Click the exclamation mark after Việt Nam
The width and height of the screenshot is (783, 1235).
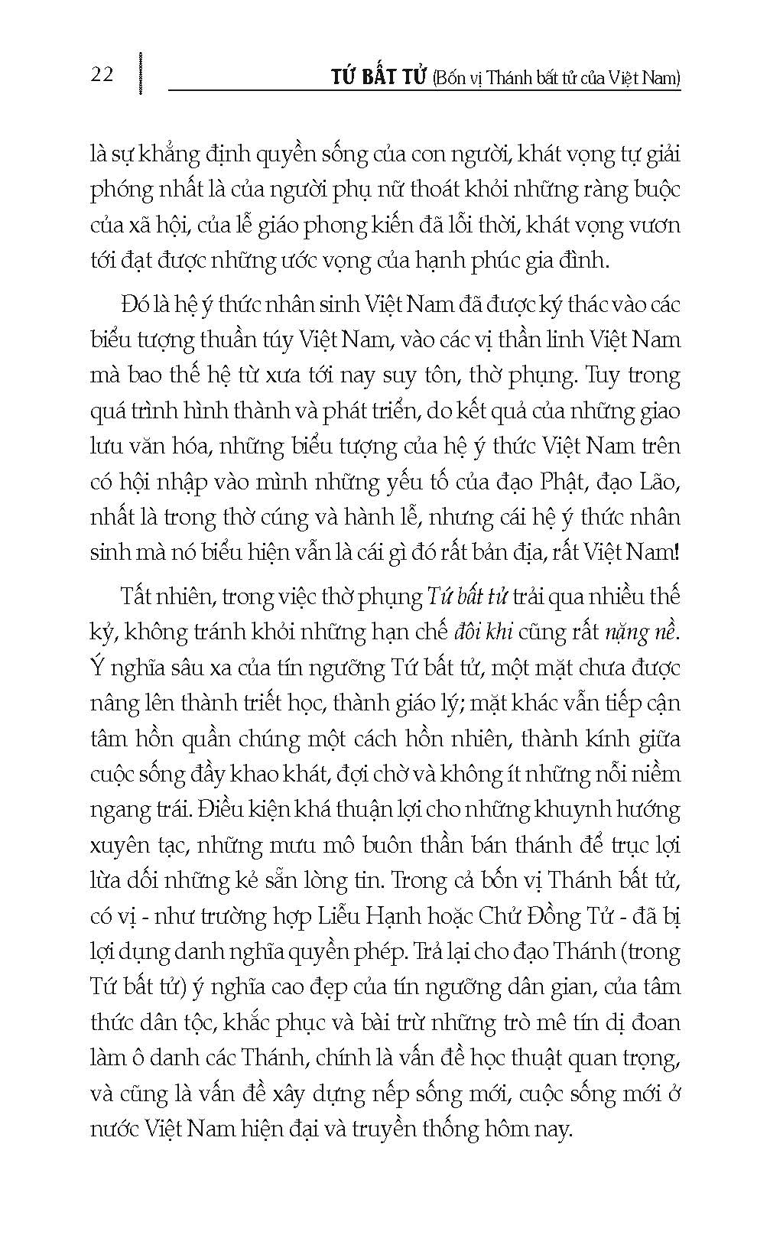coord(677,553)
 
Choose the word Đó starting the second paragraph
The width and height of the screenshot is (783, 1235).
coord(135,304)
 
